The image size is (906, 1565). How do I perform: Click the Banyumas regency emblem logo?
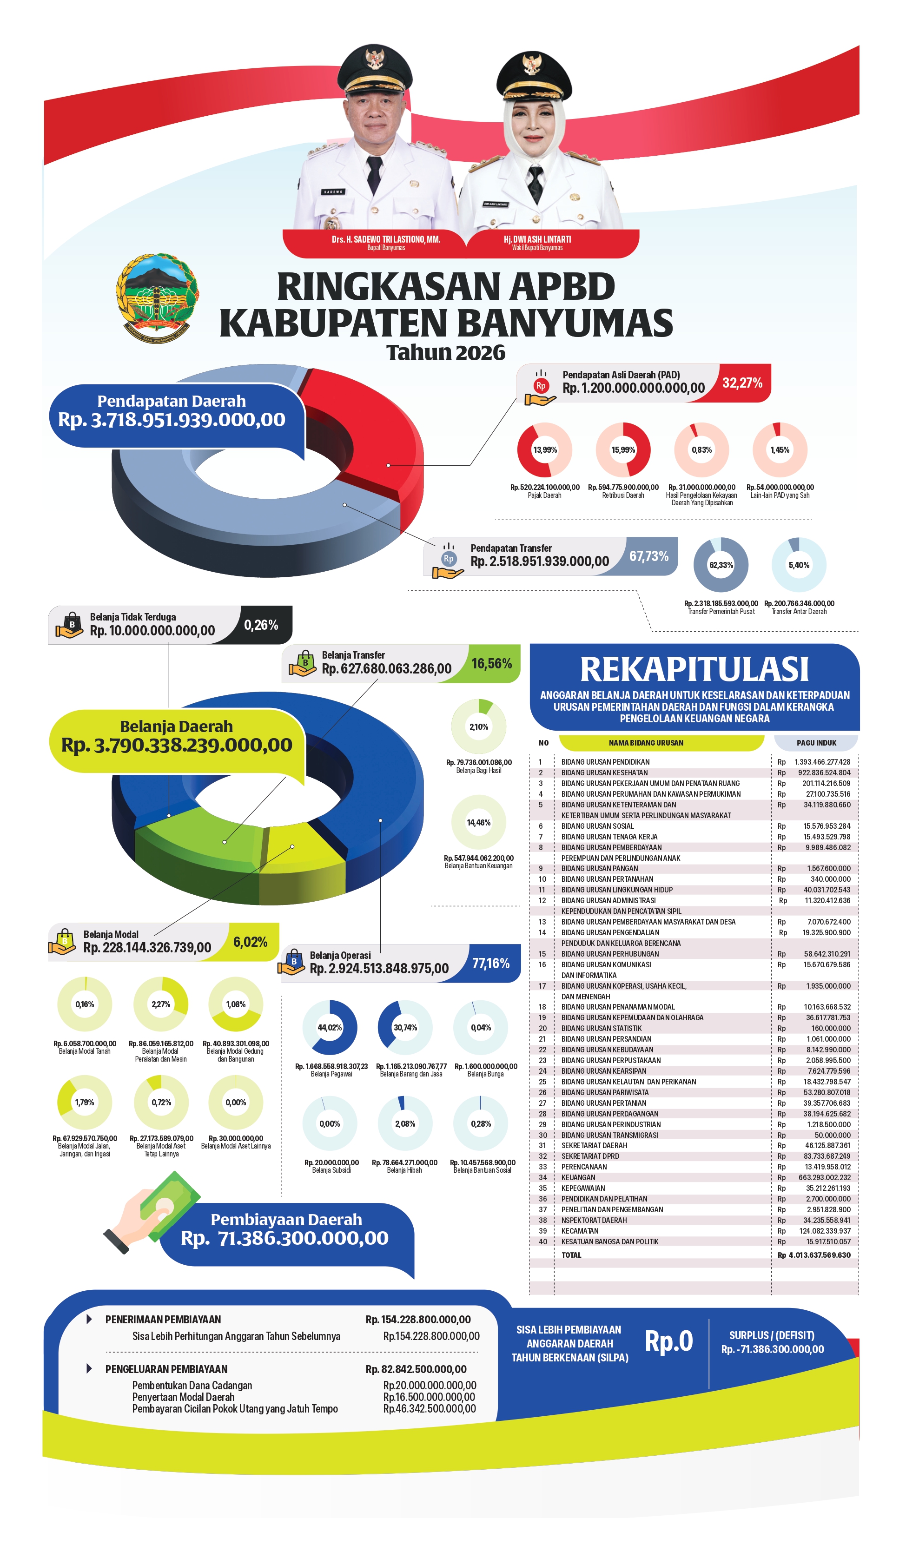157,298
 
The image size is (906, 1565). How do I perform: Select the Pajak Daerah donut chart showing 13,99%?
545,449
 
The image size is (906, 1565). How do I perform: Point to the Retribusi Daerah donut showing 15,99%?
623,449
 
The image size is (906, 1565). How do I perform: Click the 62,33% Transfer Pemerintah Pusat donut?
721,565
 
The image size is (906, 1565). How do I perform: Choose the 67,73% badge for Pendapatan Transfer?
649,556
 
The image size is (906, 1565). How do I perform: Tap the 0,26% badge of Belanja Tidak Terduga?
261,625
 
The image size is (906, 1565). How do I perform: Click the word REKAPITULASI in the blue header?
694,669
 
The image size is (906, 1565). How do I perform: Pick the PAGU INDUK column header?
816,743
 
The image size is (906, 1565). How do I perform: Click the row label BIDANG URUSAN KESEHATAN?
604,773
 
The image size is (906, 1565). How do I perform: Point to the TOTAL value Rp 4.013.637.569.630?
814,1255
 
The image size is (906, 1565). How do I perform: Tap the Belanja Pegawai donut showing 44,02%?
330,1028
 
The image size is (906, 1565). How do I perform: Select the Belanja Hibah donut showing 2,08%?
405,1124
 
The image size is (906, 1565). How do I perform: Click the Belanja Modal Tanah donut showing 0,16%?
85,1004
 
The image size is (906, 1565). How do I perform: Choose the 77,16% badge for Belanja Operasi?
490,963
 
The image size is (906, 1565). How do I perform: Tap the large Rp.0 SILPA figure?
669,1341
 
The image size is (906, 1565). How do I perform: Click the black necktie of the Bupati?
375,175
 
